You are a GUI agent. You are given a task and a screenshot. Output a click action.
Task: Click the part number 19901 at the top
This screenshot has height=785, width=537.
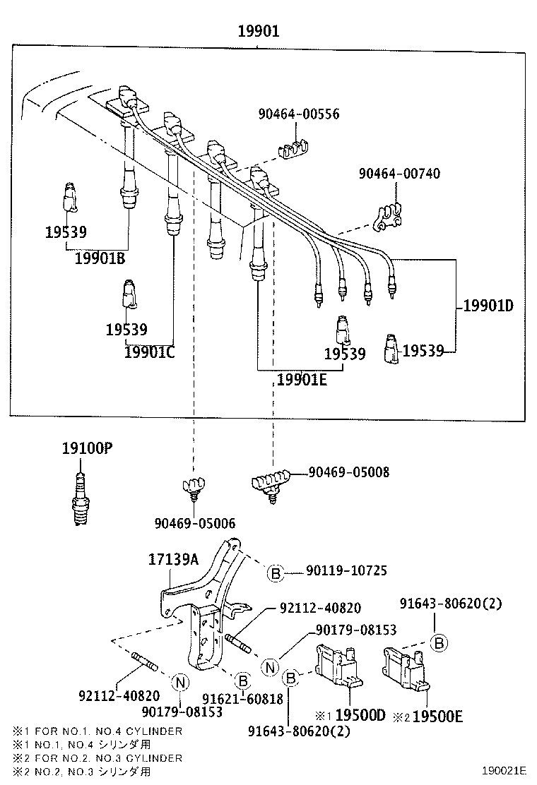coord(258,31)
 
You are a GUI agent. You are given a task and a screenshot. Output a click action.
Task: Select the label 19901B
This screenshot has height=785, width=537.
coord(100,258)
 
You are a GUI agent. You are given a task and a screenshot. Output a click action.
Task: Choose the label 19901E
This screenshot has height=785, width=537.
coord(302,380)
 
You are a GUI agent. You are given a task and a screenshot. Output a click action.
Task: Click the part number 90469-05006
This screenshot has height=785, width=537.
coord(195,523)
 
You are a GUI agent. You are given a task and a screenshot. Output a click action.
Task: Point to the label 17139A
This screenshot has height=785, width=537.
coord(173,560)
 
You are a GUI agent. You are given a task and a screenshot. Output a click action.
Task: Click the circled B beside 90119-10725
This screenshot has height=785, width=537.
coord(276,573)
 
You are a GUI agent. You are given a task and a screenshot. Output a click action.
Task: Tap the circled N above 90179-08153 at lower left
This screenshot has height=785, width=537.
coord(180,682)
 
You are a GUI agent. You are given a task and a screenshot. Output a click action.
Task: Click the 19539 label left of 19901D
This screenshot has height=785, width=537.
coord(423,350)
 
